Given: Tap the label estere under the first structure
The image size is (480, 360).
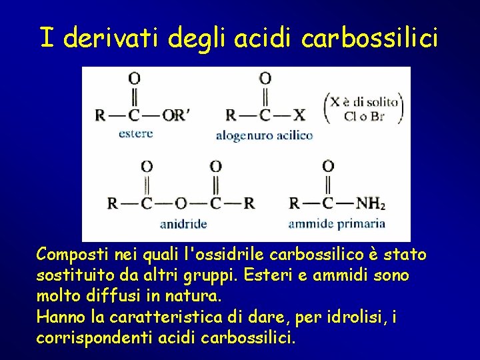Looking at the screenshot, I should (135, 133).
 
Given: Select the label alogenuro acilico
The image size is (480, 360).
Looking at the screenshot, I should (264, 135).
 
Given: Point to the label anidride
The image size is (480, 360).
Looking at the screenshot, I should (183, 223).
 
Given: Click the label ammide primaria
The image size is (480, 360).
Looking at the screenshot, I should (337, 223).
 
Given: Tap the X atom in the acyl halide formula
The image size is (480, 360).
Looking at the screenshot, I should (299, 115).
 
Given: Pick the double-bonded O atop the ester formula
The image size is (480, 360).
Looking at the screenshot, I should (134, 78).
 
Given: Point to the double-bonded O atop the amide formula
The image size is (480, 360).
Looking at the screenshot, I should (328, 166).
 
